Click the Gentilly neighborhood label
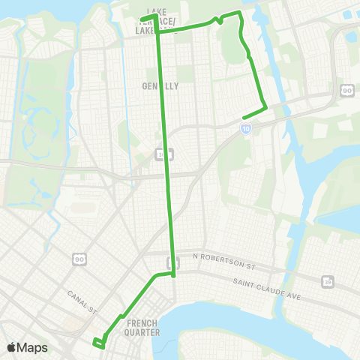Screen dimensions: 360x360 pos(160,86)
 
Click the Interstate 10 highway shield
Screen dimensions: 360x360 pos(246,129)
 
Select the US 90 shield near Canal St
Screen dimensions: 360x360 pos(79,259)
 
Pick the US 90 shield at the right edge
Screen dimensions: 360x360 pos(347,89)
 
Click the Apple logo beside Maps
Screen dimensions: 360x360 pos(12,347)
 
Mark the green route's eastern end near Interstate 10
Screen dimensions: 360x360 pos(244,116)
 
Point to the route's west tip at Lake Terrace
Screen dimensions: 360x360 pos(141,18)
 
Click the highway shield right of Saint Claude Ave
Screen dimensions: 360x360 pos(328,280)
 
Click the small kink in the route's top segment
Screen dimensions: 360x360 pos(218,19)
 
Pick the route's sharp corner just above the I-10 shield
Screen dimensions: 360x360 pos(265,108)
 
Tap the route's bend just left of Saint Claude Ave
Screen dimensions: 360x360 pos(174,275)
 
